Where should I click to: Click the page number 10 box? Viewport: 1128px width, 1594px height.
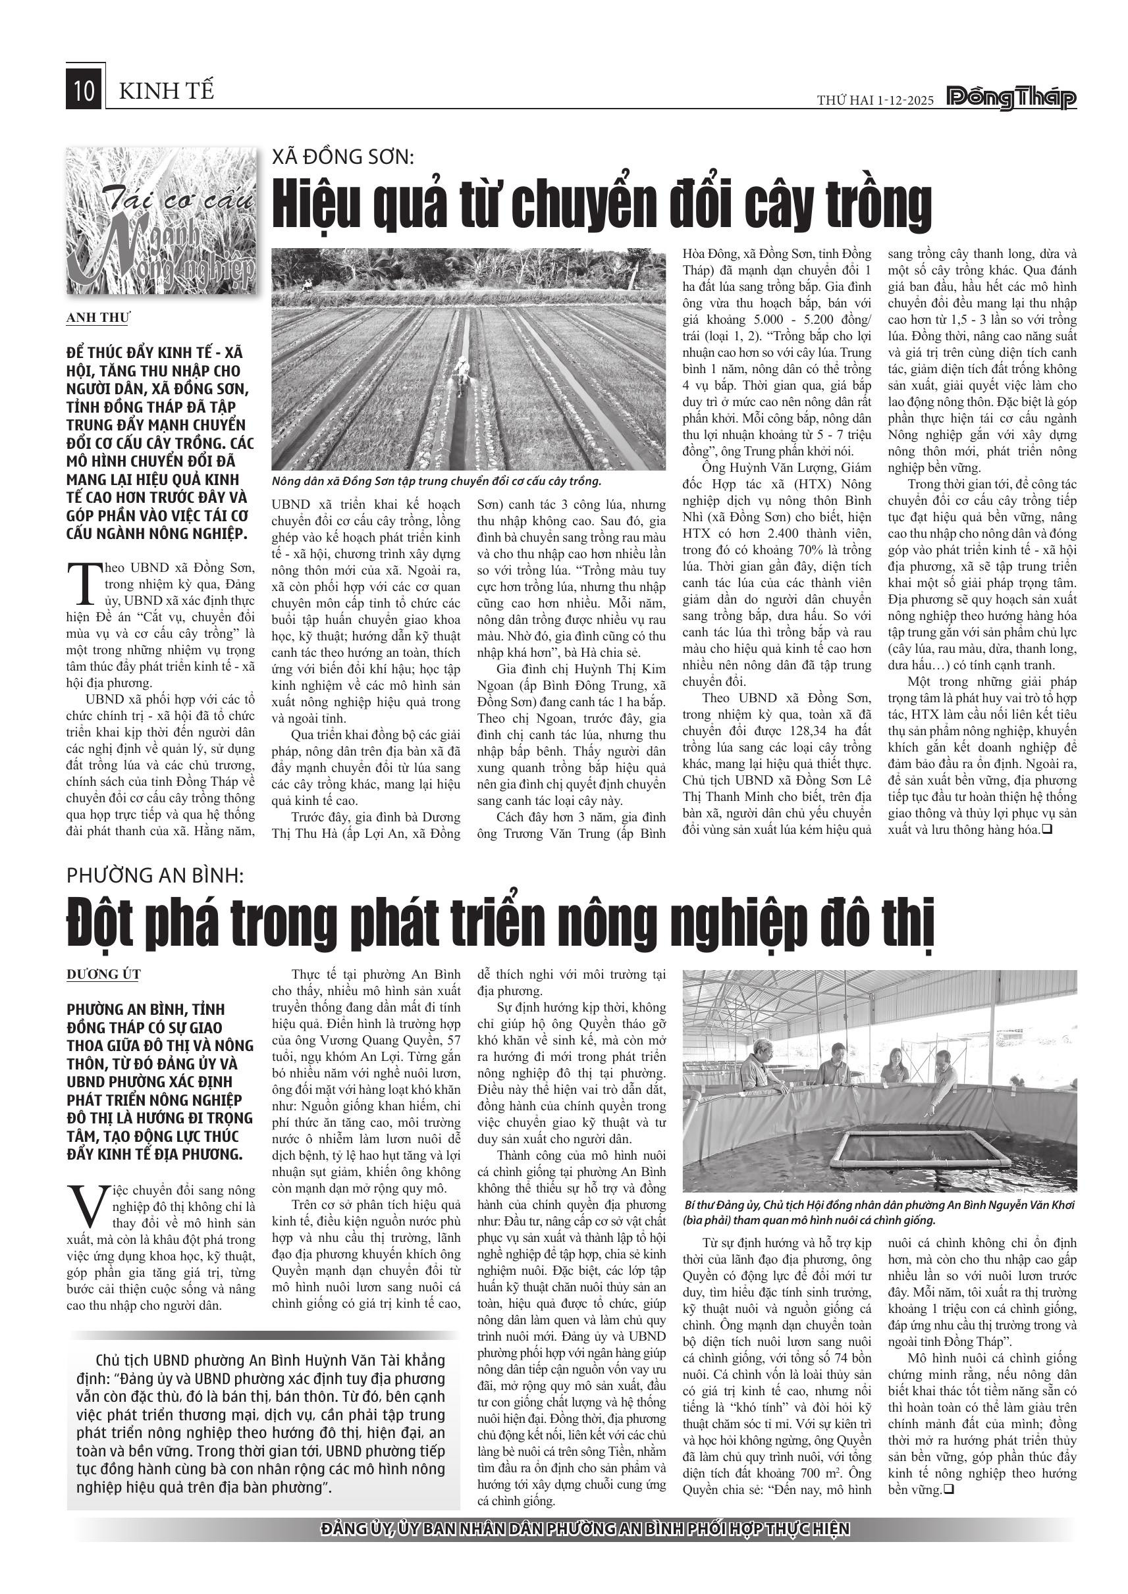[x=84, y=91]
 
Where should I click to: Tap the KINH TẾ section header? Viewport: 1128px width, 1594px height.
[x=167, y=91]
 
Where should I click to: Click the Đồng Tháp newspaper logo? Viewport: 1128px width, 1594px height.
[x=1011, y=99]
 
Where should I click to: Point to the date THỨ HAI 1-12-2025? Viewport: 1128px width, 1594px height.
[x=876, y=100]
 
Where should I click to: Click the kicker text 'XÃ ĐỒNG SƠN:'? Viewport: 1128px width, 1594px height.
[x=342, y=157]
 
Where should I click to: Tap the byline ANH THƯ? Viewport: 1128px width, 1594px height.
[x=98, y=318]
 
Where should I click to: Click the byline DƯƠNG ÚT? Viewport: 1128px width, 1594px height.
[x=103, y=975]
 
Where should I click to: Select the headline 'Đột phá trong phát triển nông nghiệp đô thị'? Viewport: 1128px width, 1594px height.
[x=500, y=922]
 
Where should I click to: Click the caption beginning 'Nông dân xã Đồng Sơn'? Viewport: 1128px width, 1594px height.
[x=436, y=481]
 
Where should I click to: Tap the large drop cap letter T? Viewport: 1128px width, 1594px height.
[x=85, y=583]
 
